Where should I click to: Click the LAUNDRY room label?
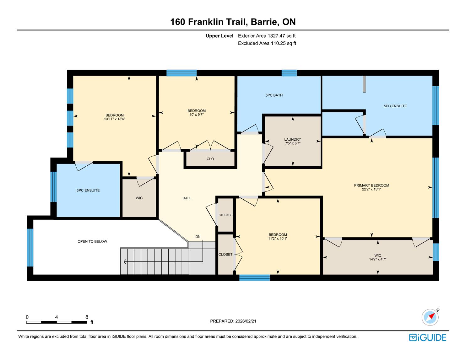pos(293,139)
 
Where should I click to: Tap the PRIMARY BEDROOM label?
pos(371,185)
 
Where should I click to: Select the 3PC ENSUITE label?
pos(88,190)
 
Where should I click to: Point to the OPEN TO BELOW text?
pos(92,241)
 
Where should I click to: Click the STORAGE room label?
pos(225,215)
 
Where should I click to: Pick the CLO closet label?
pos(210,159)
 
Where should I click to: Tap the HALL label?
pos(187,198)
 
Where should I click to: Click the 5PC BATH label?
pos(274,95)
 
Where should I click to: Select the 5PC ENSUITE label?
pos(395,106)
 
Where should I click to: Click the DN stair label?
pos(198,237)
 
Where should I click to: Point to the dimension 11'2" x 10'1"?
pos(278,239)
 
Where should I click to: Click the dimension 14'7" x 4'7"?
pos(378,259)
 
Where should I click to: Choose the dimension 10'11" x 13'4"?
pos(114,119)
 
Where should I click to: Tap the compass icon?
pos(430,317)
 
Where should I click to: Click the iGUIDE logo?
pos(427,337)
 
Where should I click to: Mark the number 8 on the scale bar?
pos(87,317)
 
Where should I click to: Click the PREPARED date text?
pos(233,321)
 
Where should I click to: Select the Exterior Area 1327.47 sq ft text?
pos(267,36)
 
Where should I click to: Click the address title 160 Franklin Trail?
pos(209,22)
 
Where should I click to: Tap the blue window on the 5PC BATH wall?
pos(289,73)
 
